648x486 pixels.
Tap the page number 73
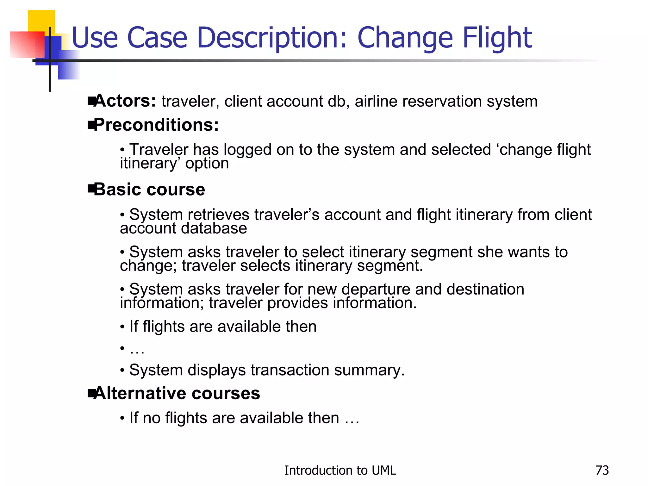pos(602,470)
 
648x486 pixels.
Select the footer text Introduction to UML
pos(340,470)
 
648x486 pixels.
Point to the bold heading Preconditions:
pos(157,125)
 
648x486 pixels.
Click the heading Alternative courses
pos(177,394)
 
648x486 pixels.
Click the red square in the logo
pos(25,44)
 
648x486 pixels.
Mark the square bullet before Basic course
pos(91,190)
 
